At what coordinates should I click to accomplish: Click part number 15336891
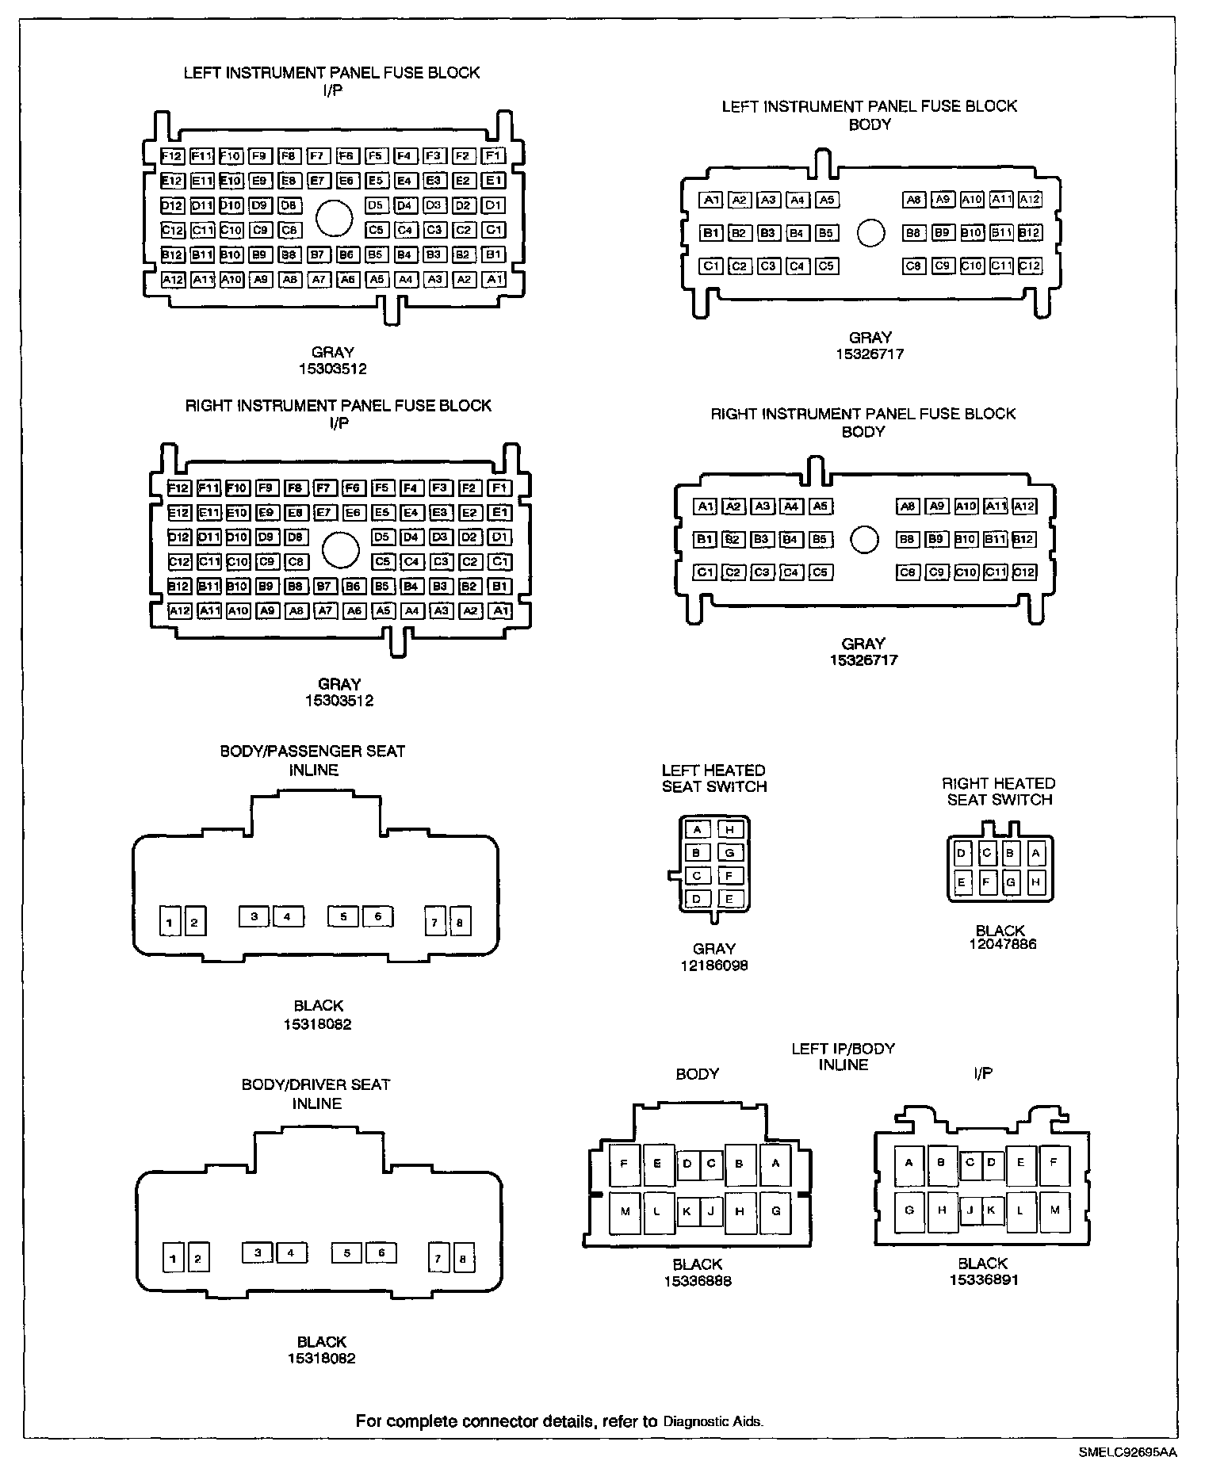click(983, 1280)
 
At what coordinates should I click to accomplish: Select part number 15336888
click(698, 1281)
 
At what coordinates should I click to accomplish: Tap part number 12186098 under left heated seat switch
click(714, 966)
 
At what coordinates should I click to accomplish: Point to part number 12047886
click(1002, 944)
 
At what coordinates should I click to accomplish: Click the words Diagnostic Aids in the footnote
click(713, 1422)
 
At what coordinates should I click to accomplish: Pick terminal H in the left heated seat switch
click(730, 830)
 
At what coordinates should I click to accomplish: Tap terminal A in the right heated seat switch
click(1035, 854)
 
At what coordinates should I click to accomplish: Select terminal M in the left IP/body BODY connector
click(625, 1212)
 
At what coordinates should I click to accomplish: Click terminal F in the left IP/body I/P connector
click(1054, 1163)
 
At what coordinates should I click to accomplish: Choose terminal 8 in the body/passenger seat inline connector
click(460, 922)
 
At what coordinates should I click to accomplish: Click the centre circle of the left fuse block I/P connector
click(334, 218)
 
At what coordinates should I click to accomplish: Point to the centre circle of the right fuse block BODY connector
click(864, 540)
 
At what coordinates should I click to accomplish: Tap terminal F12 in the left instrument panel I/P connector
click(172, 155)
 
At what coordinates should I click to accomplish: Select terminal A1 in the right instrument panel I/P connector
click(499, 610)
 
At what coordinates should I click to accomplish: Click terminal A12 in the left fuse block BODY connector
click(1030, 200)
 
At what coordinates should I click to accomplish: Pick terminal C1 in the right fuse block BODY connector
click(705, 572)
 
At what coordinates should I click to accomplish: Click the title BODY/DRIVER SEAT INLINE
click(316, 1094)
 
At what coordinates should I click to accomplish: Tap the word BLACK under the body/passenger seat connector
click(318, 1007)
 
